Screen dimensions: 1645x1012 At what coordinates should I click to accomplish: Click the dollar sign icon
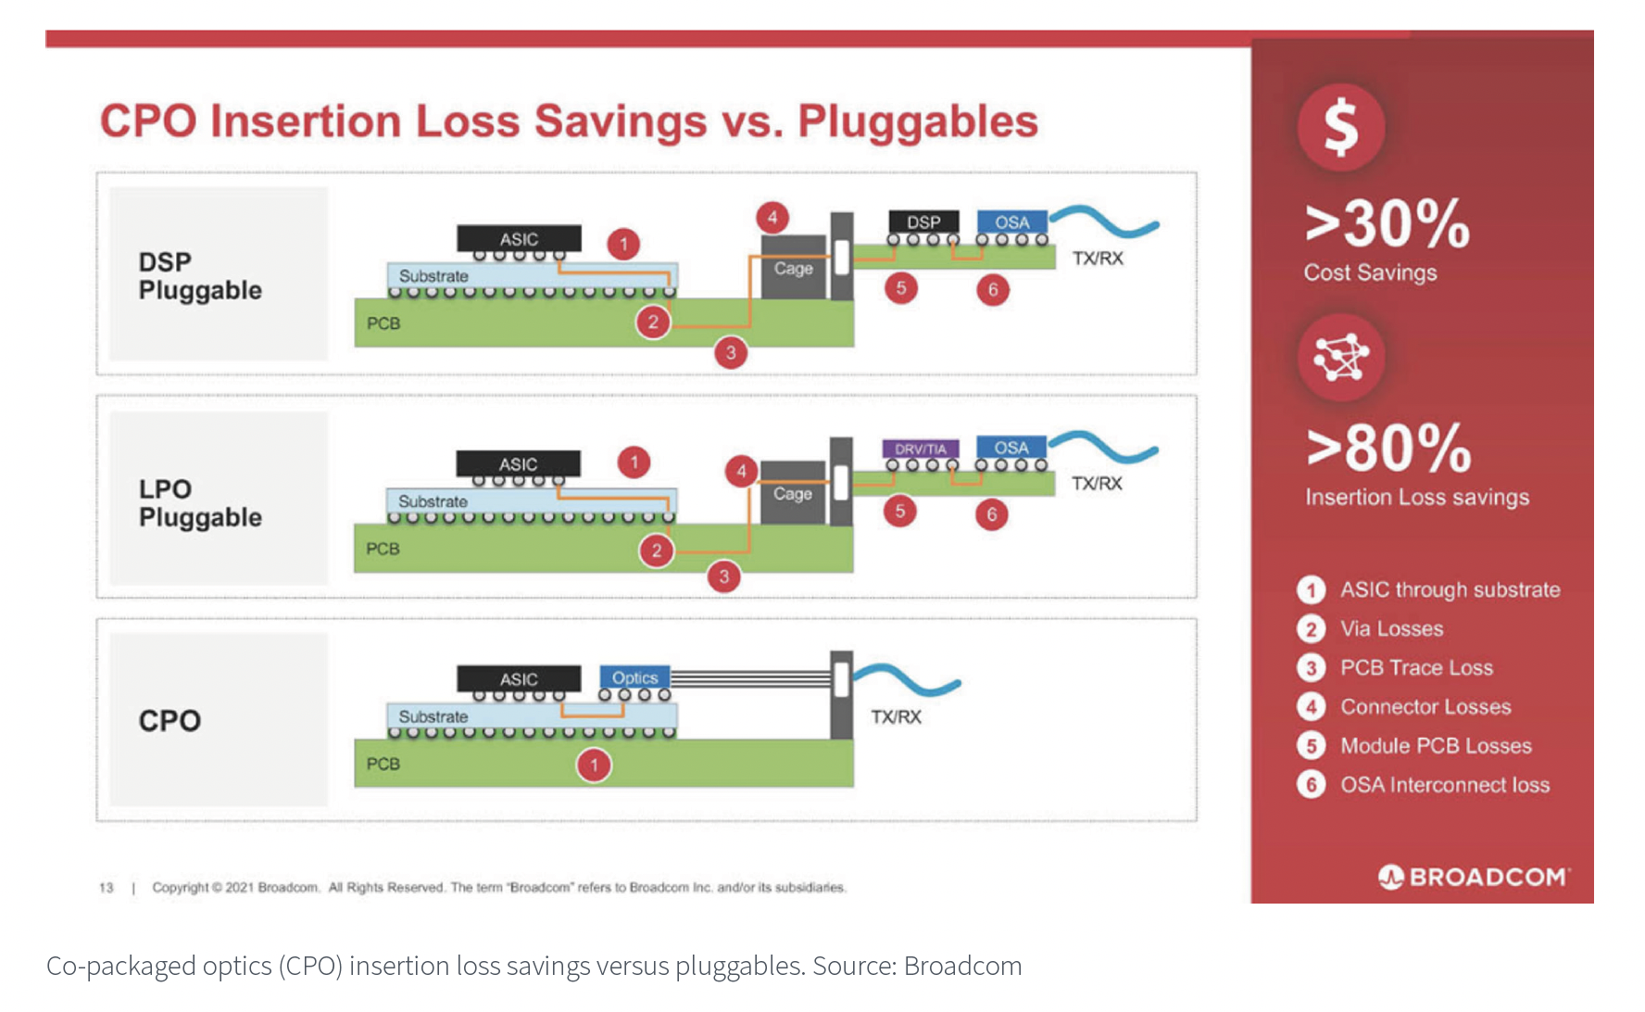point(1340,127)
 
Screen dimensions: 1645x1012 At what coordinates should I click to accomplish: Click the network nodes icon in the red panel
point(1340,357)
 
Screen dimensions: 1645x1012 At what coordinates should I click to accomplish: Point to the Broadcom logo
point(1474,877)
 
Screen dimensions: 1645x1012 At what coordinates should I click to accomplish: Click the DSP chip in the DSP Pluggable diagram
point(923,222)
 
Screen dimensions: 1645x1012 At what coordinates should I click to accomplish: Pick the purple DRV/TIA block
point(920,449)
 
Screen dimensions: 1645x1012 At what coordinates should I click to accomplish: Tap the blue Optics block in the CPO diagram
point(634,677)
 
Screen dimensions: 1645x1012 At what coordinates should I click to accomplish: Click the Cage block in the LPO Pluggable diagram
point(793,493)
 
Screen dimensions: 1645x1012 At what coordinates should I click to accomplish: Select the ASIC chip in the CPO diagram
point(519,679)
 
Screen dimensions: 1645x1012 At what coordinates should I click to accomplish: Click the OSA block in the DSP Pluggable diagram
point(1012,222)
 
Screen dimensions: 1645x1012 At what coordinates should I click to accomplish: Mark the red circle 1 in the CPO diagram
point(594,765)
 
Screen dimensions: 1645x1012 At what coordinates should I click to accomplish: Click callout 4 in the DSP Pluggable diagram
point(772,218)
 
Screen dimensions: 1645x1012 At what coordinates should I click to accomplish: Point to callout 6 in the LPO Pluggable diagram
point(991,514)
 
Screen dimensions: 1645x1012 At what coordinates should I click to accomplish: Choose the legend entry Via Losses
point(1391,628)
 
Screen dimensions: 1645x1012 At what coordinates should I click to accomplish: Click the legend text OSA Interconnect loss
point(1445,785)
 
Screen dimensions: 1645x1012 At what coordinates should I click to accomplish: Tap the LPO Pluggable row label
point(200,503)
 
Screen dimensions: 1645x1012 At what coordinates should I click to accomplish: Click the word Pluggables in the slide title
point(917,121)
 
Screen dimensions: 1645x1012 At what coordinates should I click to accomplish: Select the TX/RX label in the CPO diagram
point(896,716)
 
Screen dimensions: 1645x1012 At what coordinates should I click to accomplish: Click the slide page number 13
point(107,887)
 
